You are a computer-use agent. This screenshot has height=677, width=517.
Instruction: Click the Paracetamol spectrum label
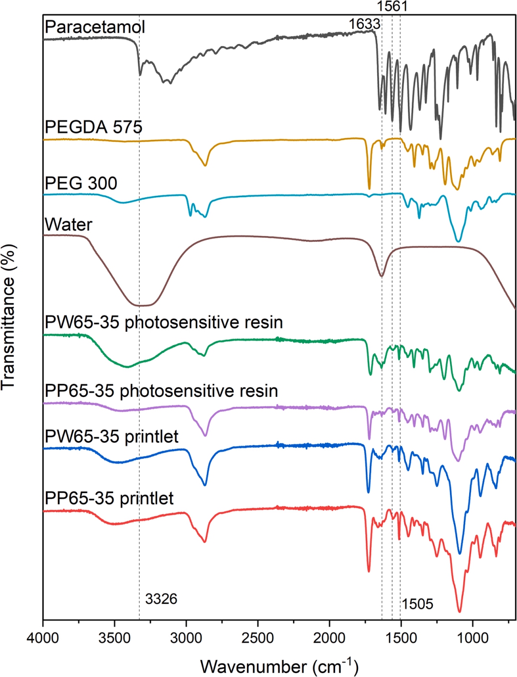coord(94,27)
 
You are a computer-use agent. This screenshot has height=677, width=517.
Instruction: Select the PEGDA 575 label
coord(93,127)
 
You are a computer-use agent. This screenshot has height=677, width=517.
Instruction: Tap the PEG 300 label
coord(80,183)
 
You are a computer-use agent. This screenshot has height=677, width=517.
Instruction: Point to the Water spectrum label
coord(68,225)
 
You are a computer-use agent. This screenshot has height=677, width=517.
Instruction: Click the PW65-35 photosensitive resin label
coord(163,322)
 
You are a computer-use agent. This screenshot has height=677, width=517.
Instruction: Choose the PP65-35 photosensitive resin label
coord(161,391)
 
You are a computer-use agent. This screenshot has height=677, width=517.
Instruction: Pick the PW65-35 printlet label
coord(111,437)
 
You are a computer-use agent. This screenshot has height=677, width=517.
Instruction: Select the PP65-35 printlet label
coord(109,498)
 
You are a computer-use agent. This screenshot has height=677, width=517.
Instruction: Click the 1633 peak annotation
coord(364,23)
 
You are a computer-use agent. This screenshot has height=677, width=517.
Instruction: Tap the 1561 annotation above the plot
coord(392,6)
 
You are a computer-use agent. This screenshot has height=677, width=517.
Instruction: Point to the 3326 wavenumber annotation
coord(161,599)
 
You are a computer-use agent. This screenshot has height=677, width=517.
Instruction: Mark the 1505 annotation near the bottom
coord(417,604)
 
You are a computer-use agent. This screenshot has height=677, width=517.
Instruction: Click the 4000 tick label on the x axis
coord(43,639)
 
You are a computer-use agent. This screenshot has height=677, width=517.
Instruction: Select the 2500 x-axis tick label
coord(258,639)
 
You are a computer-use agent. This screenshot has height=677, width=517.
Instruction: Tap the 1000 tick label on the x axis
coord(472,639)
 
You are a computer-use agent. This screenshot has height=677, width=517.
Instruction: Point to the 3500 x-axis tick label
coord(114,639)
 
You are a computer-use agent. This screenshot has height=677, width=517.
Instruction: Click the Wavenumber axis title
coord(279,666)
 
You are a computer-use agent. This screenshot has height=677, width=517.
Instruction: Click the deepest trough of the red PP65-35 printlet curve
coord(460,611)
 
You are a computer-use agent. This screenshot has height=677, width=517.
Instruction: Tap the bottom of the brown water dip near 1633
coord(382,276)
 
